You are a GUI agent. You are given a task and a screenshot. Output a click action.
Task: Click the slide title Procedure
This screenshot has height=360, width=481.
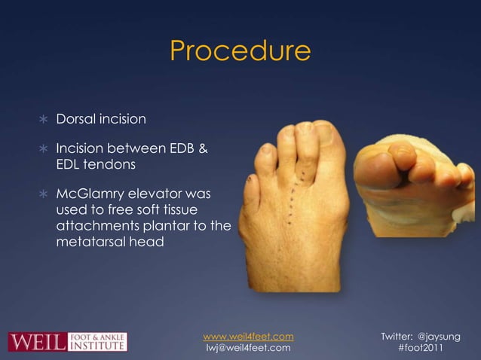point(240,51)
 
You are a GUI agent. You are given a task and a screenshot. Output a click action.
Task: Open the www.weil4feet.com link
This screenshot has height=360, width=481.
point(249,335)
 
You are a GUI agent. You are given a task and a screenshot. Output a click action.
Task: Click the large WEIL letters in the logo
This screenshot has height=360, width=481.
point(36,341)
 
